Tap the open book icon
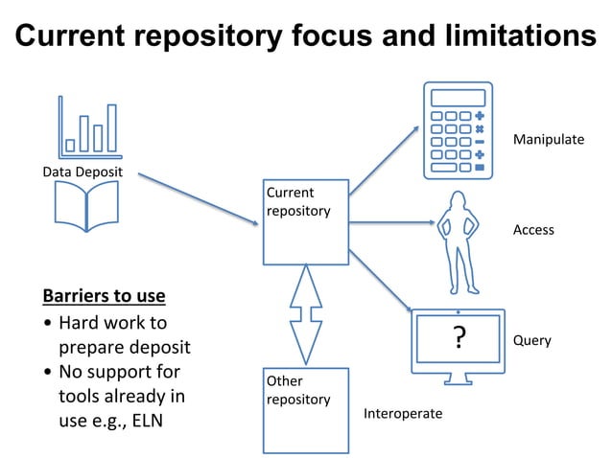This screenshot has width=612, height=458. click(87, 206)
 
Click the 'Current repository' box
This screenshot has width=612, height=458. click(306, 221)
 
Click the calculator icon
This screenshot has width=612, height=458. click(459, 131)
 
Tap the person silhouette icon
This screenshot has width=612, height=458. click(458, 241)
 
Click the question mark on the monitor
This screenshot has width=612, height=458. click(459, 338)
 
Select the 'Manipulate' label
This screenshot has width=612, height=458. click(548, 140)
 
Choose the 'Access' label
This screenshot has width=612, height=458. click(533, 230)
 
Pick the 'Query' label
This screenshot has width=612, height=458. click(532, 340)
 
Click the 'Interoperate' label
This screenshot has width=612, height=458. click(403, 414)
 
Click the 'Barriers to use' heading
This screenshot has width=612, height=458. click(104, 295)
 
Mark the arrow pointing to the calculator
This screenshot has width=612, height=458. click(384, 160)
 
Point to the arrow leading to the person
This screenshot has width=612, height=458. click(391, 222)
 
